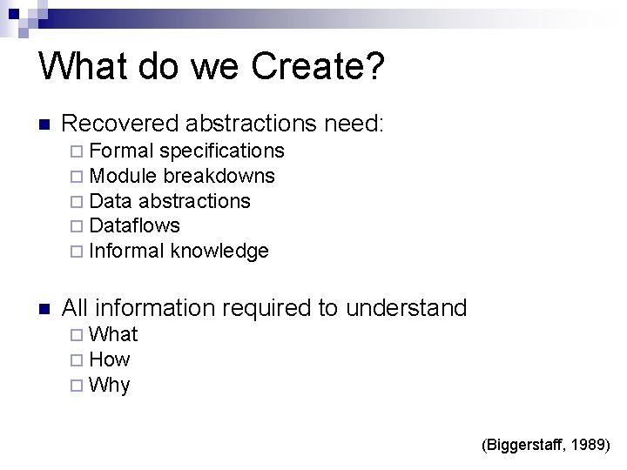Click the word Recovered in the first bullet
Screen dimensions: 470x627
119,123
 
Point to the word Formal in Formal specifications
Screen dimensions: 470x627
119,151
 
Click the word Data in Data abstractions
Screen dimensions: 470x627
110,201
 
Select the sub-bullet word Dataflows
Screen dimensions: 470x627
135,225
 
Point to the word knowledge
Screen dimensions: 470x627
220,252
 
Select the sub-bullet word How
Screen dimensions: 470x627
110,359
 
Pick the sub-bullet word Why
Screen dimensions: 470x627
110,385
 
